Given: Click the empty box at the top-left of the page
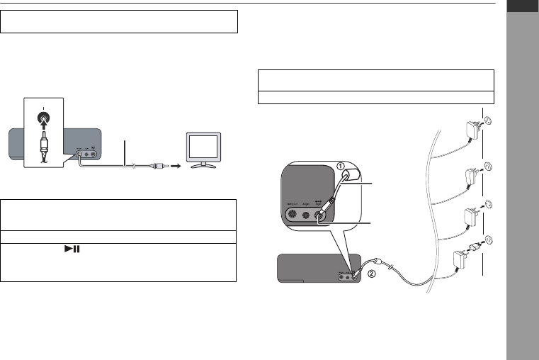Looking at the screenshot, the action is click(x=119, y=21).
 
